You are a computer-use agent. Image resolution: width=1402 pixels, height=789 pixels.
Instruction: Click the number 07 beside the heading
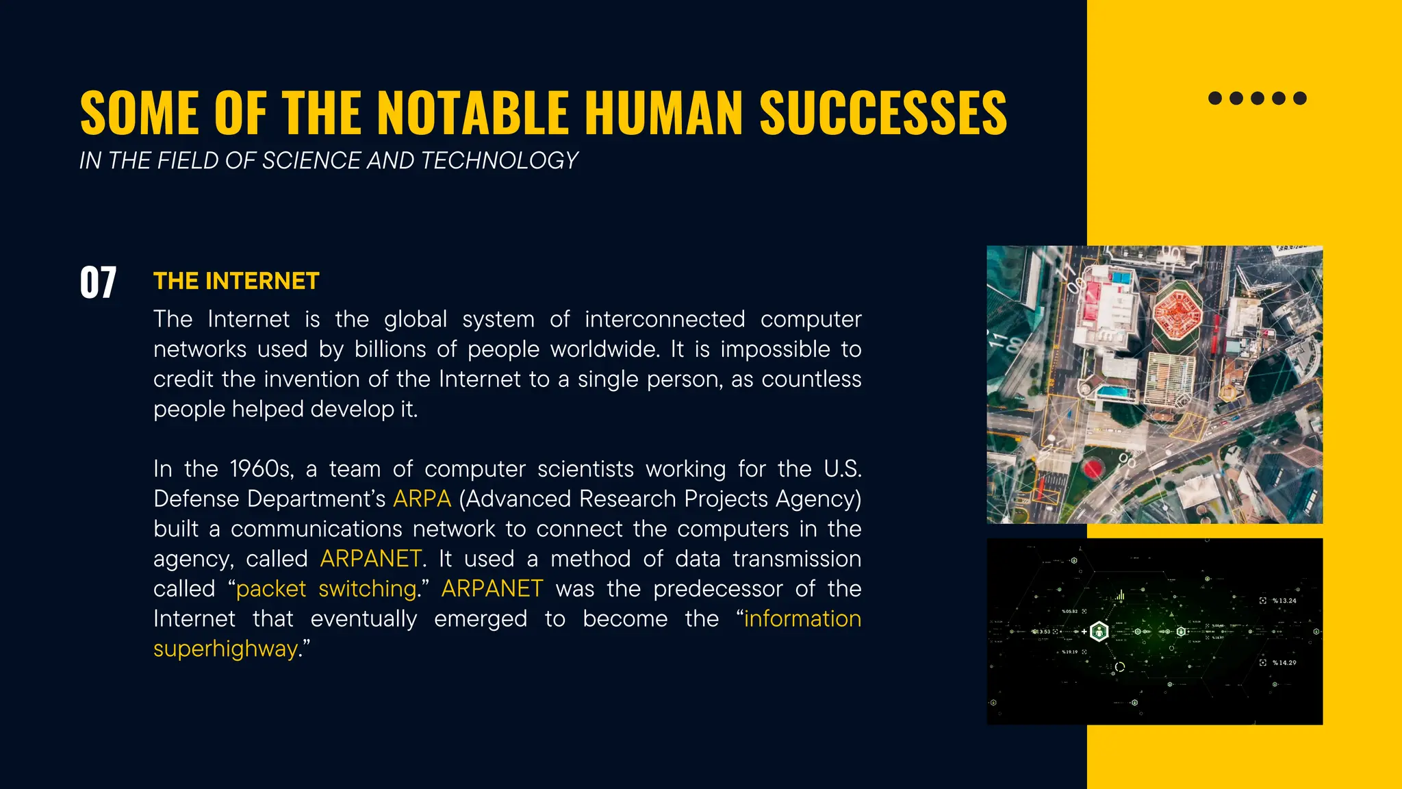pos(98,282)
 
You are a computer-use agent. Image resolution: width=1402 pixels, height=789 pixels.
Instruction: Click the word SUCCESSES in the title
pos(883,113)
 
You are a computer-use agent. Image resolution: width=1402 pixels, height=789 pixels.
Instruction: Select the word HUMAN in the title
pos(664,113)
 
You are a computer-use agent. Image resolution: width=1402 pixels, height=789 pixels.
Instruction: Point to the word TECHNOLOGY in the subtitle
pos(500,160)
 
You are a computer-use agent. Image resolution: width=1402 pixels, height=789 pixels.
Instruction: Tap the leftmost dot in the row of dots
pos(1215,98)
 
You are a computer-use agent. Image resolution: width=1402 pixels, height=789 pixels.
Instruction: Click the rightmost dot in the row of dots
pos(1300,98)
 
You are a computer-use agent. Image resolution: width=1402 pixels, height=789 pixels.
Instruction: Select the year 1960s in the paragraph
pos(262,469)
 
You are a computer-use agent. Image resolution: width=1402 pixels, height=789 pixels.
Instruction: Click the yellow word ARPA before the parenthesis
pos(422,499)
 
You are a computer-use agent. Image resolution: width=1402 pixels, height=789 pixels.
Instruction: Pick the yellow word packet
pos(271,589)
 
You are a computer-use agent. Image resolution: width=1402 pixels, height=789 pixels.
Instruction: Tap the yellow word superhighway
pos(225,649)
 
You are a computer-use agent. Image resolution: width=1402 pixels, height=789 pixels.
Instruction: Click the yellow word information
pos(802,619)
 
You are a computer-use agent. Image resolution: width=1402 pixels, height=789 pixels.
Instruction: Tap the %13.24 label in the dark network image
pos(1284,601)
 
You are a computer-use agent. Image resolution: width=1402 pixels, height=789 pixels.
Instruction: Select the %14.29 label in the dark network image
pos(1284,663)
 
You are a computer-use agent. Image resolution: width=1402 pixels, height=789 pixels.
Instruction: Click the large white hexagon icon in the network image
pos(1099,631)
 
